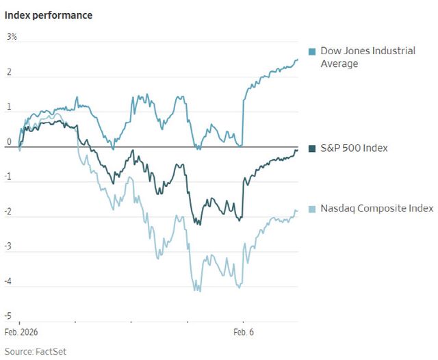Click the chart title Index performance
[49, 14]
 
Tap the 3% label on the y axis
[12, 36]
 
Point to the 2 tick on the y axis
[9, 72]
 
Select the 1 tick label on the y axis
[9, 107]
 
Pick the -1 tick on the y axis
[8, 177]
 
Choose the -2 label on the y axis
[8, 211]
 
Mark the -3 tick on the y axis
[8, 246]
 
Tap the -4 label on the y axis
[8, 281]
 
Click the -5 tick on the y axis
[8, 316]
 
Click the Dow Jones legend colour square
[312, 51]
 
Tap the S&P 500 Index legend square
[312, 149]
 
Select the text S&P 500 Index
[354, 148]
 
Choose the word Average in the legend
[339, 64]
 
